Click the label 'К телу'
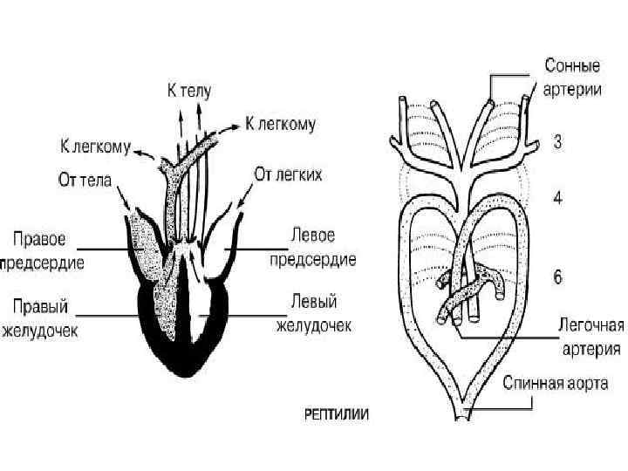point(189,90)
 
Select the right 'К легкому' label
point(280,125)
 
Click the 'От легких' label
point(288,174)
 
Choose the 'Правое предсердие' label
point(44,249)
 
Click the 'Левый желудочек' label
point(314,315)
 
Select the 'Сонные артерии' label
point(571,78)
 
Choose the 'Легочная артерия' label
point(590,338)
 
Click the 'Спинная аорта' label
point(555,383)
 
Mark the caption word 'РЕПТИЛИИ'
point(337,415)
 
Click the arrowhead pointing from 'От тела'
point(132,208)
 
